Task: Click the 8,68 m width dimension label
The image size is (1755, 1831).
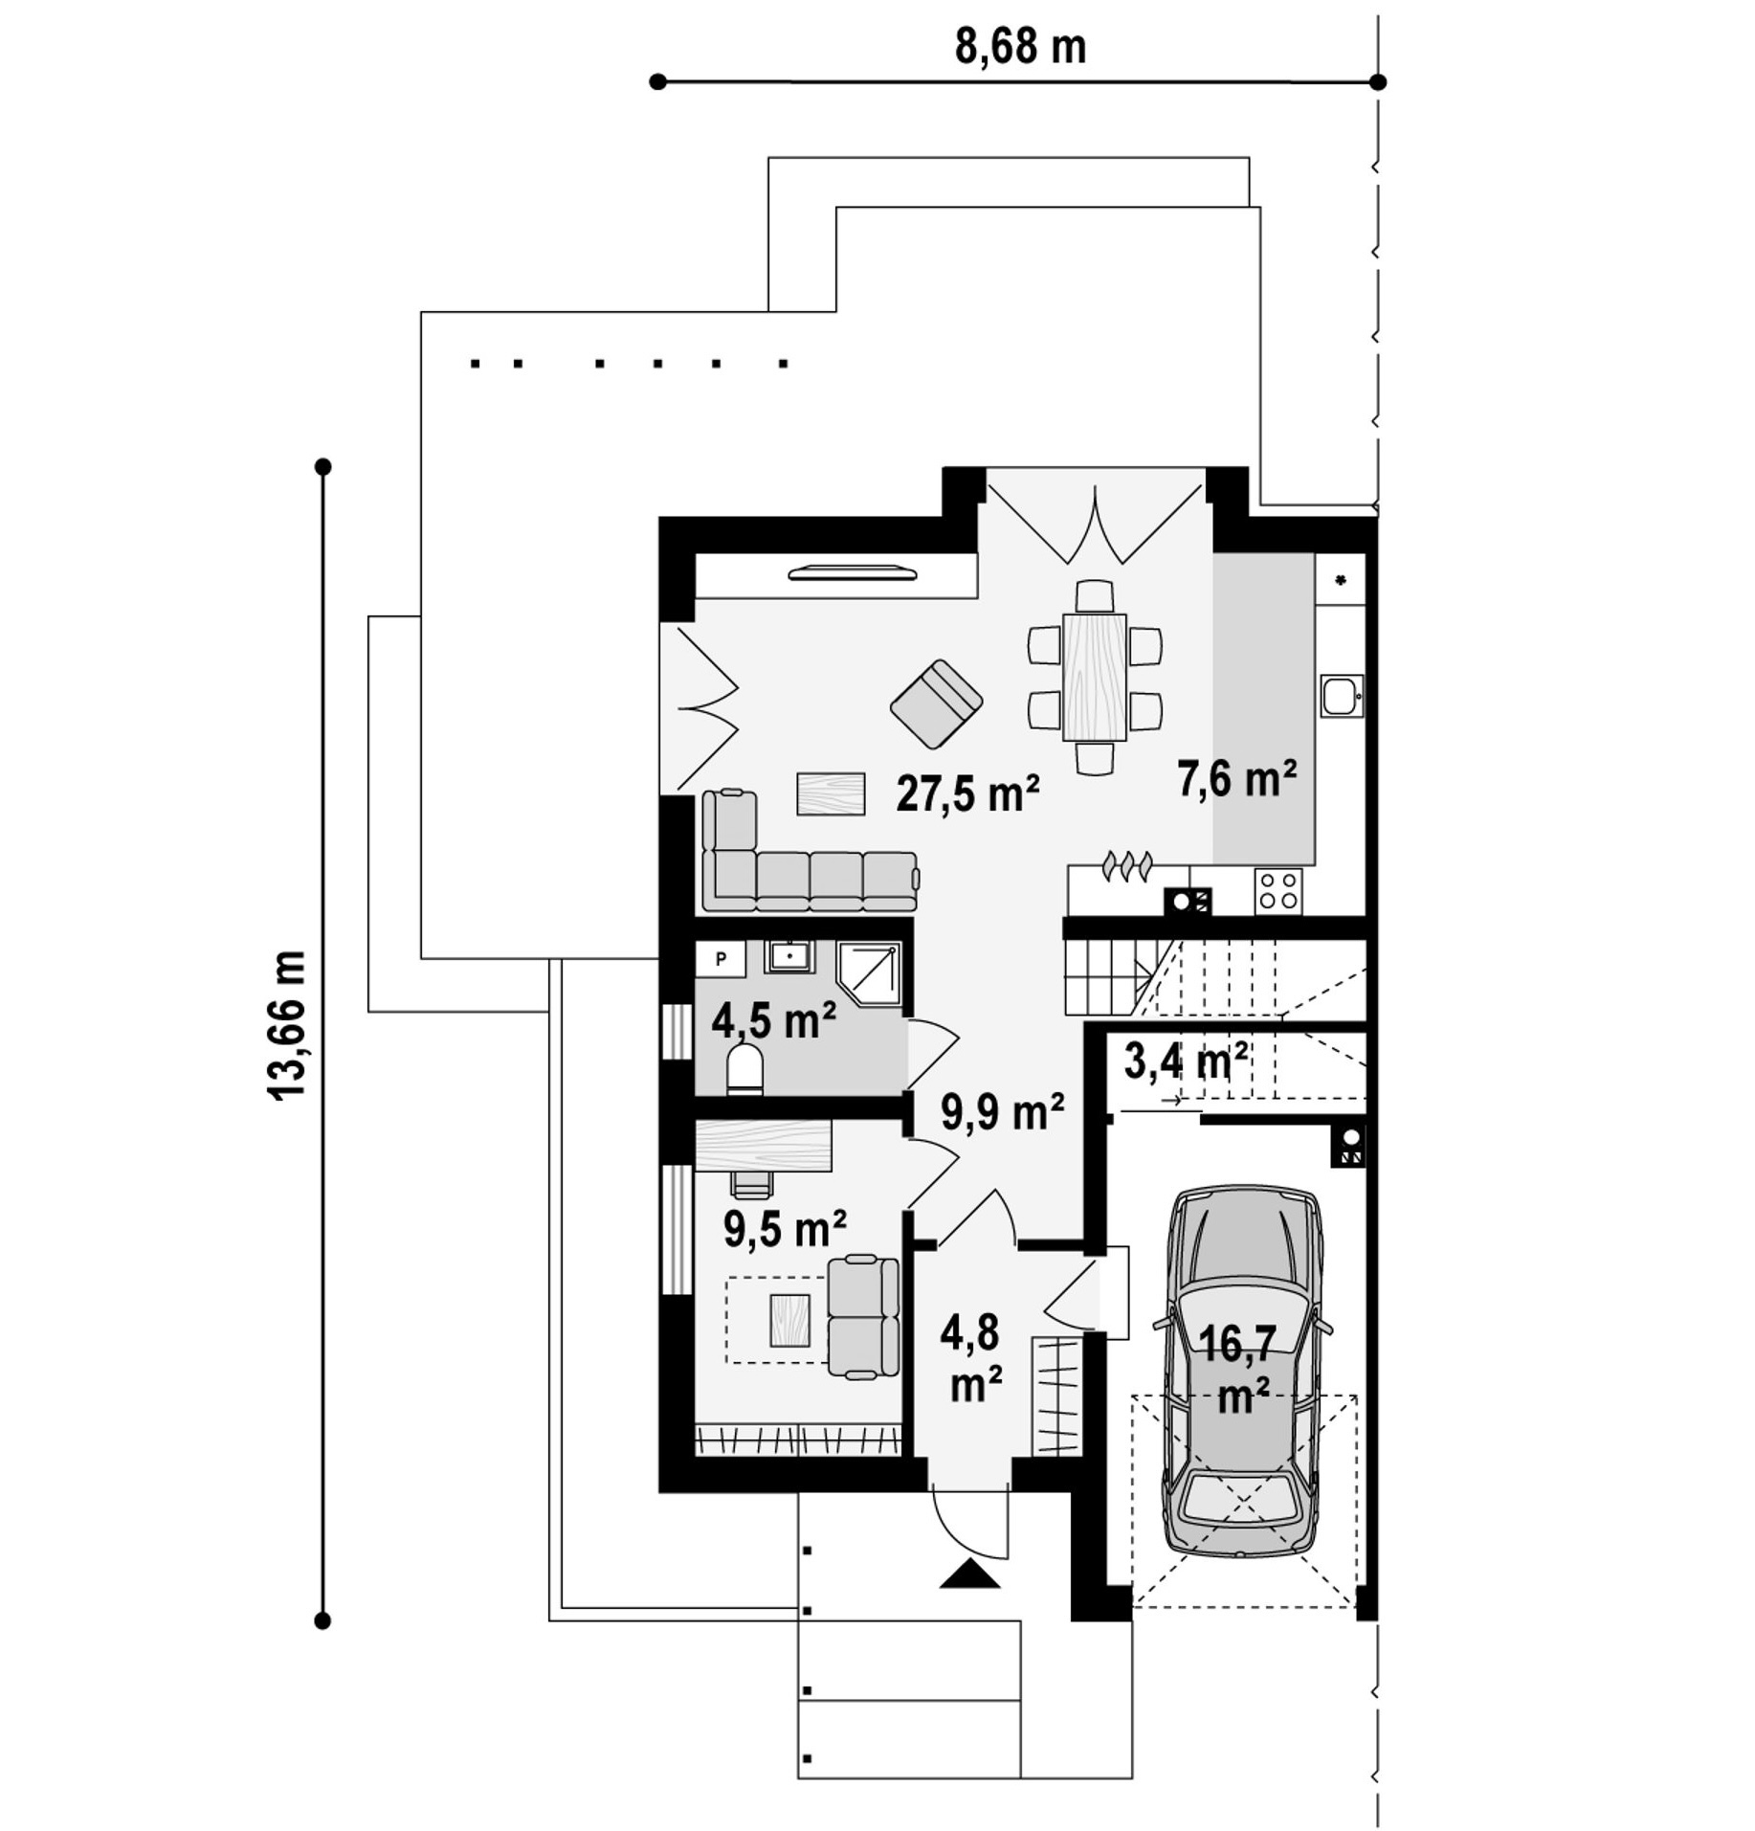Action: [1020, 47]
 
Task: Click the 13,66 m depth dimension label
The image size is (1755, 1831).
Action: [289, 1025]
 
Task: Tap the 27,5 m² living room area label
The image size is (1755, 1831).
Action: [967, 793]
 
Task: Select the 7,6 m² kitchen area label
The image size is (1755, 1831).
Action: [1236, 779]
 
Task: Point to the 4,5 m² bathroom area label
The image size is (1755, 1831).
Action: [773, 1020]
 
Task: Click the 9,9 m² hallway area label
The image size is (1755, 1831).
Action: [1002, 1111]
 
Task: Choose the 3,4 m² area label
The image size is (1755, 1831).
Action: [1186, 1061]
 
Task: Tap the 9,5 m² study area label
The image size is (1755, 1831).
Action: [784, 1229]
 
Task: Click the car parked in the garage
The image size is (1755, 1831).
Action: [1242, 1374]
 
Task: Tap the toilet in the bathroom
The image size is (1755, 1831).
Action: [744, 1069]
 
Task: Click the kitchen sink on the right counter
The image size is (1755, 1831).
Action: [1342, 696]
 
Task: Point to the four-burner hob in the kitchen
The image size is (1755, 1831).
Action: [1277, 889]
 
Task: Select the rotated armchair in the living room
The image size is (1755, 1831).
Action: [936, 704]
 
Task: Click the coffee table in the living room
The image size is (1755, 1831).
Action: [832, 793]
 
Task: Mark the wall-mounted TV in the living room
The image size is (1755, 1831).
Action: [853, 573]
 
